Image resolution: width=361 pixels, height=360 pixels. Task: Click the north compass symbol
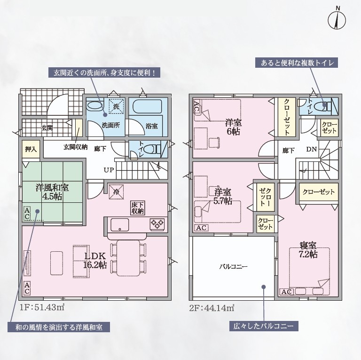click(337, 20)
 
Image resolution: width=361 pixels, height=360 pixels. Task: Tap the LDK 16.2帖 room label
click(95, 260)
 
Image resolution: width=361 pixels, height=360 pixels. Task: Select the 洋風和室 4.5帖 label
click(52, 192)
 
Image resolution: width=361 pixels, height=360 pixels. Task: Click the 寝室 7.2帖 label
click(308, 249)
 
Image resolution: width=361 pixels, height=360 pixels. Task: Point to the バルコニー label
click(233, 267)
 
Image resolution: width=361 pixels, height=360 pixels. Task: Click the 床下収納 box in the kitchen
click(138, 208)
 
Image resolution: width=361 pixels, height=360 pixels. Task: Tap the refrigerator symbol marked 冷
click(117, 191)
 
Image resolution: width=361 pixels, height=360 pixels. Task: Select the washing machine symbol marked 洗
click(117, 106)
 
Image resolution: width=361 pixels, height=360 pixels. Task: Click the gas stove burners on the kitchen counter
click(157, 224)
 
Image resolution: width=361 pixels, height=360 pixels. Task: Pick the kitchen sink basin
click(119, 225)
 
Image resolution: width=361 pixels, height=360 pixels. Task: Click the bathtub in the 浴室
click(147, 106)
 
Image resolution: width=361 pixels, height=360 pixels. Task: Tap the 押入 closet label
click(31, 149)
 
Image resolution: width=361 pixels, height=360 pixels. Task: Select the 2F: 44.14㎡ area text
click(212, 308)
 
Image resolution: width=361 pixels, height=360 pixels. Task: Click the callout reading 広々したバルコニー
click(264, 326)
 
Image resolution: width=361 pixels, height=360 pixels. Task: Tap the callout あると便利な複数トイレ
click(297, 63)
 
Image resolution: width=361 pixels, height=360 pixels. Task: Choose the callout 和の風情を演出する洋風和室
click(58, 327)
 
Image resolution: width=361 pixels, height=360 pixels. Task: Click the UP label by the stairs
click(109, 170)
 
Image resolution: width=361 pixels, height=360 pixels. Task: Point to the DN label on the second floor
click(312, 149)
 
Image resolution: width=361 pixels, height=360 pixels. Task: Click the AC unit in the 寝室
click(287, 292)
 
